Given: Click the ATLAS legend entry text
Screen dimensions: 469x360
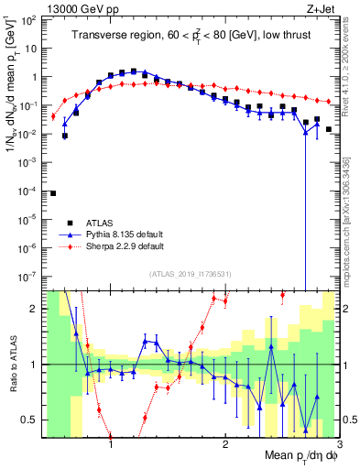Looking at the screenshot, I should coord(95,223).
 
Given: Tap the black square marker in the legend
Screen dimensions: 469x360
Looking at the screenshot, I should coord(70,223).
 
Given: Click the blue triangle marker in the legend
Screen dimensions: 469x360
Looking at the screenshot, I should coord(70,234).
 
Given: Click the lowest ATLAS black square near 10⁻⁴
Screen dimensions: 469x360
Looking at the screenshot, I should coord(53,193).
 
